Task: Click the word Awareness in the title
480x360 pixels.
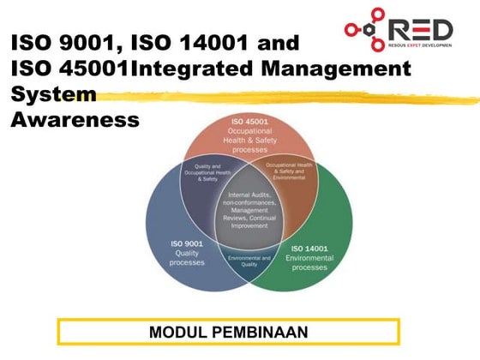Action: [x=75, y=119]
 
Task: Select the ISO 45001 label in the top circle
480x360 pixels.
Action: [x=249, y=123]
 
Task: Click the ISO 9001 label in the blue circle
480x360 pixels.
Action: [x=186, y=243]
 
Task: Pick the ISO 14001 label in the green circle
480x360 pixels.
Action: [x=309, y=248]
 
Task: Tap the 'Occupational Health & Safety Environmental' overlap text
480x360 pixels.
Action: [x=293, y=170]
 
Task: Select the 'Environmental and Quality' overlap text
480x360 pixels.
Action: [x=249, y=261]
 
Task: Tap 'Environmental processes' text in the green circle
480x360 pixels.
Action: [x=309, y=261]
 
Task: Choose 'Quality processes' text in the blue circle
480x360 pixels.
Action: [x=186, y=256]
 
